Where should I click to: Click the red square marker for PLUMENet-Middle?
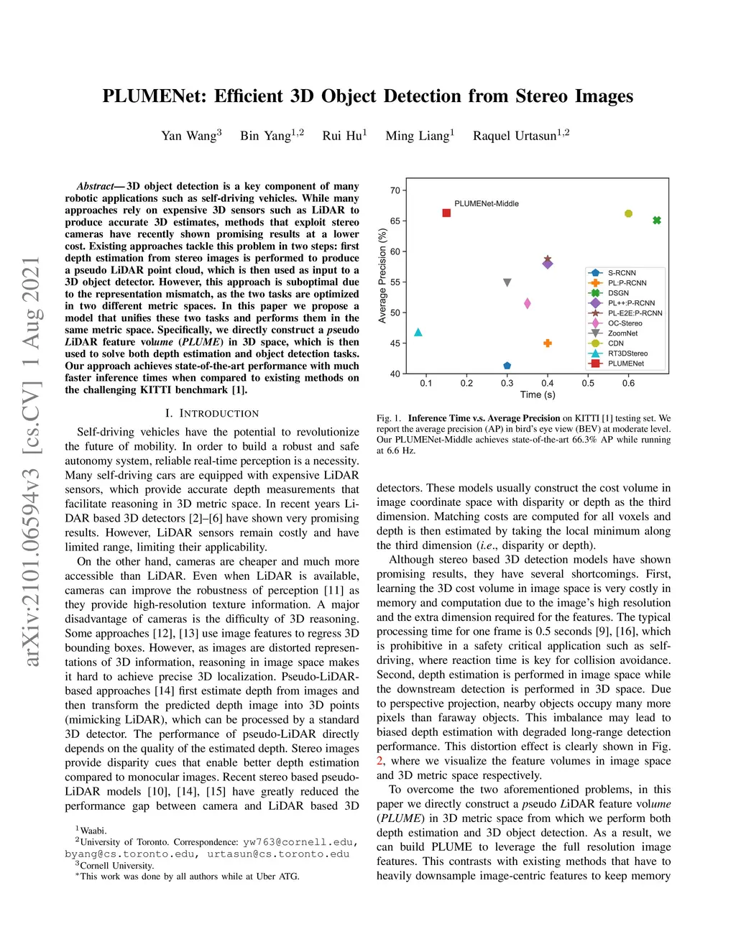(446, 213)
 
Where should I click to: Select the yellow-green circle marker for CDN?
(628, 213)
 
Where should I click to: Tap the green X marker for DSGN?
(657, 221)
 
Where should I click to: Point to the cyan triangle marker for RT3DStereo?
(418, 332)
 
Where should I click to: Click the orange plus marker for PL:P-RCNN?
(548, 343)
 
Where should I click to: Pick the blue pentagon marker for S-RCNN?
(507, 366)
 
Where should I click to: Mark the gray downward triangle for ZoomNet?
(507, 283)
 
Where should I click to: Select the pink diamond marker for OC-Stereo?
(528, 304)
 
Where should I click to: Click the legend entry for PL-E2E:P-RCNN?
(635, 313)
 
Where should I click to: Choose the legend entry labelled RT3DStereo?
(627, 353)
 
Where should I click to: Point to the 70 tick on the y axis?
(395, 190)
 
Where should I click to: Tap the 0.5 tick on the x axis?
(588, 383)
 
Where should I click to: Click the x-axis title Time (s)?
(538, 394)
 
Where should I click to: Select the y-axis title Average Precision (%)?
(382, 276)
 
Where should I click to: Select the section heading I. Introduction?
(212, 414)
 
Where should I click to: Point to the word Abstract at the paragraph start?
(95, 186)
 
